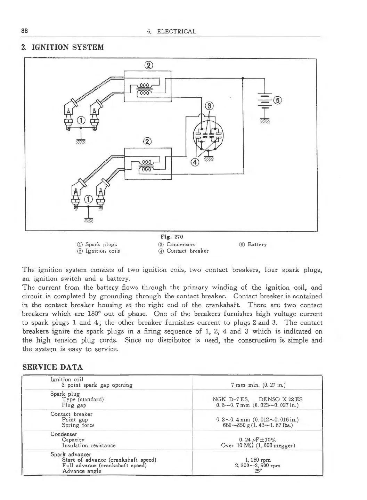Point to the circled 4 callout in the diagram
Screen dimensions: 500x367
pos(195,162)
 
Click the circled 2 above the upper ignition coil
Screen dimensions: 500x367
pos(148,65)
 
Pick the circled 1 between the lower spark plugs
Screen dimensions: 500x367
pos(89,199)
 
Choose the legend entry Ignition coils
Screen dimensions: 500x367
pos(99,251)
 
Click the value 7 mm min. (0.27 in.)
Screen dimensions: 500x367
pos(258,385)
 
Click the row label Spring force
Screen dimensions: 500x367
pos(78,425)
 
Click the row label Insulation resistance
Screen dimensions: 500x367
pos(89,445)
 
